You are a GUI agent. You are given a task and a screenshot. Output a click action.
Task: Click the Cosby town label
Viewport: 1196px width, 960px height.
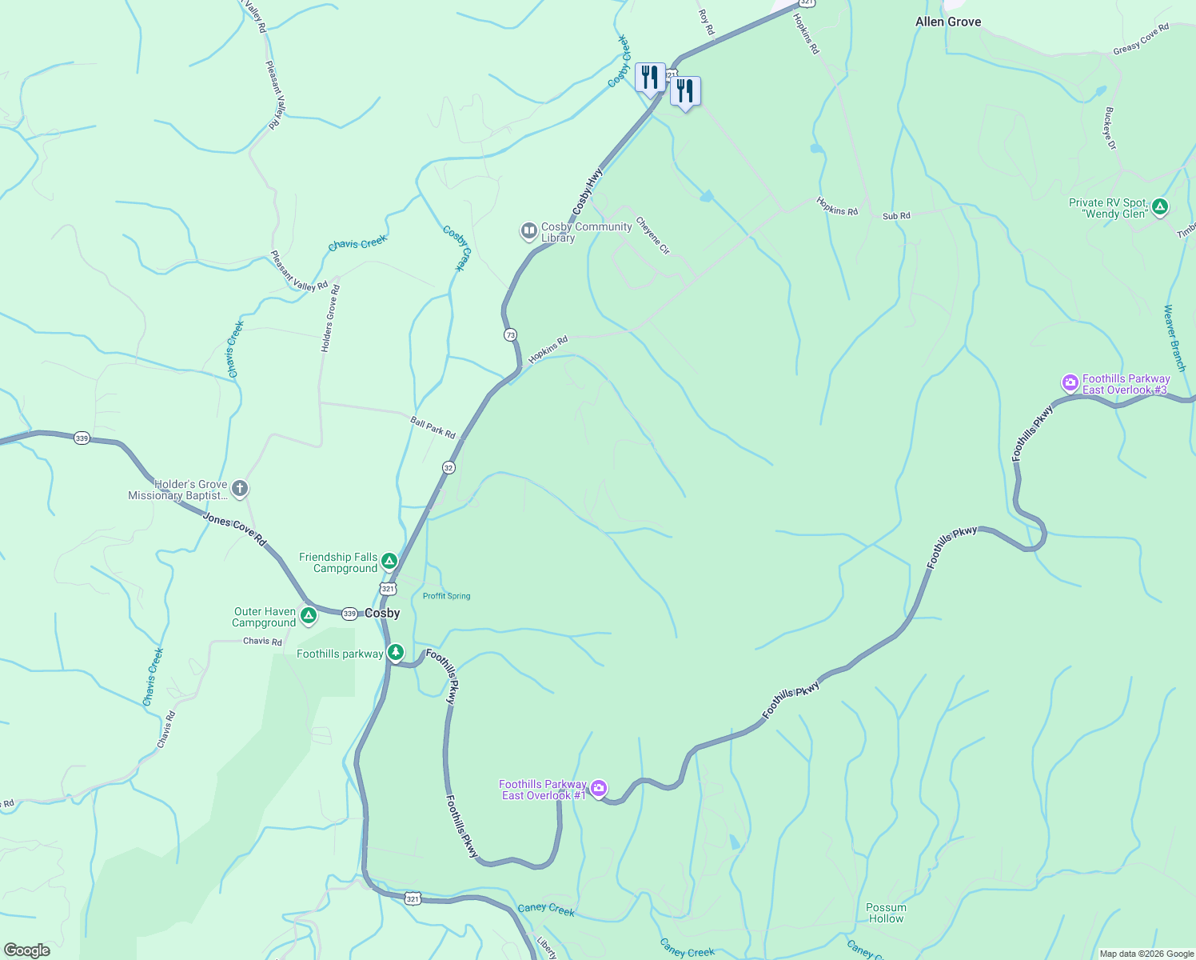pyautogui.click(x=382, y=614)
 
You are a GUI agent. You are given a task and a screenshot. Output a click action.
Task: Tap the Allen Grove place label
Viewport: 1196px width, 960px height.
pyautogui.click(x=948, y=22)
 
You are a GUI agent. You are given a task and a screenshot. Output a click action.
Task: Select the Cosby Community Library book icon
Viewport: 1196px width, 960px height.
pyautogui.click(x=528, y=231)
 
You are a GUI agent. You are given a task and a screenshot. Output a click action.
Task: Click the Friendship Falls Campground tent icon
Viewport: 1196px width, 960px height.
pyautogui.click(x=389, y=562)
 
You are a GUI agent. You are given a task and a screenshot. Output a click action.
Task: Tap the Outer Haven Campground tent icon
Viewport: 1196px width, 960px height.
pyautogui.click(x=309, y=616)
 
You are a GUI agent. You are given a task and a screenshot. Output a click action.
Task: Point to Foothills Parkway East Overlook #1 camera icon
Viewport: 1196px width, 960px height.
pyautogui.click(x=599, y=789)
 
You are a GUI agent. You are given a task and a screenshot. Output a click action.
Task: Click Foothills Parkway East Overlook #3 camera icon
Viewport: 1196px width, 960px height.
pyautogui.click(x=1070, y=383)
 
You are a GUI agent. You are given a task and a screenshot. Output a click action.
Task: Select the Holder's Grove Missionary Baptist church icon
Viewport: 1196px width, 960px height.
pyautogui.click(x=239, y=488)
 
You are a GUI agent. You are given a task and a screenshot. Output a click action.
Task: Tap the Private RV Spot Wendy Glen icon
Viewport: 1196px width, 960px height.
pyautogui.click(x=1160, y=207)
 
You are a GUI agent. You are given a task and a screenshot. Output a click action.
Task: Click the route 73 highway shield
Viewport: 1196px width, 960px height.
pyautogui.click(x=510, y=334)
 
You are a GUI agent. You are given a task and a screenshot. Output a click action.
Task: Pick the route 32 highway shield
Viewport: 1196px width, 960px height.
pyautogui.click(x=448, y=467)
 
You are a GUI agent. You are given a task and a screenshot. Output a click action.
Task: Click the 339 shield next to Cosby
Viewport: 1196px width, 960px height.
pyautogui.click(x=349, y=614)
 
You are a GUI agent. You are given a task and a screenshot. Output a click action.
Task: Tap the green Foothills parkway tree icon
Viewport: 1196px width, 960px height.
pyautogui.click(x=395, y=653)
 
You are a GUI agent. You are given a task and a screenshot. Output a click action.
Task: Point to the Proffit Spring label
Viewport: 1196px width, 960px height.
pyautogui.click(x=446, y=596)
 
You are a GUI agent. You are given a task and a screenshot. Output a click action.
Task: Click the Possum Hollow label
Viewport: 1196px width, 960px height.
pyautogui.click(x=886, y=913)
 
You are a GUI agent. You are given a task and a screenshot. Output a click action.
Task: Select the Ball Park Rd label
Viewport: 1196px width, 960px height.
pyautogui.click(x=433, y=427)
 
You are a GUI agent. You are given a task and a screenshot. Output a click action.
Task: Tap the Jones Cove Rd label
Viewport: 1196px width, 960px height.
pyautogui.click(x=234, y=529)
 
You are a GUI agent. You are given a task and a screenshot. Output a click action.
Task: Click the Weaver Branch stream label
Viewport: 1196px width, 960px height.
pyautogui.click(x=1174, y=338)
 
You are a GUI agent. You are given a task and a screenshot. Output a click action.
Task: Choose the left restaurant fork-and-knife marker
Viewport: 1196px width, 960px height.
pyautogui.click(x=650, y=78)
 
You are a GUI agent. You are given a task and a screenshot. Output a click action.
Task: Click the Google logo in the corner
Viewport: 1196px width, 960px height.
pyautogui.click(x=26, y=950)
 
